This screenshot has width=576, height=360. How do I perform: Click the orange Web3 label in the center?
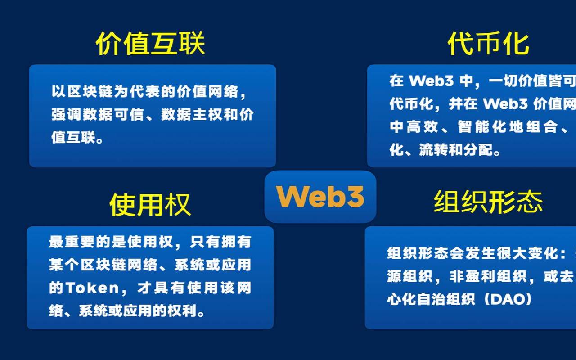coord(320,197)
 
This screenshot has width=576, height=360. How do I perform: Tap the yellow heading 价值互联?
coord(150,44)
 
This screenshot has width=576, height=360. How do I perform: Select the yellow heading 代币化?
coord(488,44)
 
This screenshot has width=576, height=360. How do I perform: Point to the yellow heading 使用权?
coord(150,204)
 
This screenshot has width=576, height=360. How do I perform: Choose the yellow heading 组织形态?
coord(488,201)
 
